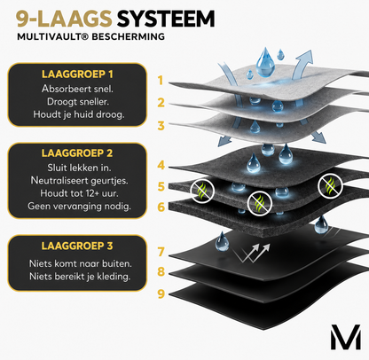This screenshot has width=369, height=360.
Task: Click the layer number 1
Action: [161, 81]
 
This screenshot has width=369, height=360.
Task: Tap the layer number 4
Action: [161, 165]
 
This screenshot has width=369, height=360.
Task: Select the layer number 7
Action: [161, 252]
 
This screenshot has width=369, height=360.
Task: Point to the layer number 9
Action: [161, 293]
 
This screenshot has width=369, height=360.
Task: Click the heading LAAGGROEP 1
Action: [77, 74]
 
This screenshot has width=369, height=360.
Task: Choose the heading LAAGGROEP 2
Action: [77, 153]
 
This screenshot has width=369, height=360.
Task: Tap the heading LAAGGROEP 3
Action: [77, 246]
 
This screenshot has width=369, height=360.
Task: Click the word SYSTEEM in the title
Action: [166, 19]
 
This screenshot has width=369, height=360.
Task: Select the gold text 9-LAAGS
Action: [64, 19]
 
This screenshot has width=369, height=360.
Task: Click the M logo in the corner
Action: [346, 337]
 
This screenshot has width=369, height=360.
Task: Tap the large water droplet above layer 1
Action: [265, 62]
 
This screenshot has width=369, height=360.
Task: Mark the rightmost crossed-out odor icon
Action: [330, 186]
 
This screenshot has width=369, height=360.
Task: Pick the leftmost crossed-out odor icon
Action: [202, 191]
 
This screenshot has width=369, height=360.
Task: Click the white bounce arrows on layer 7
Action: [251, 253]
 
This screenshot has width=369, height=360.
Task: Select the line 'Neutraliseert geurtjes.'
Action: [79, 180]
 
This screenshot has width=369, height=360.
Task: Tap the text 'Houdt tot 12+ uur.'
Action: [79, 193]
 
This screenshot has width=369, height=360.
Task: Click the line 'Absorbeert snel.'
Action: [77, 89]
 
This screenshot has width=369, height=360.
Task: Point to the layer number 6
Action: [161, 207]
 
